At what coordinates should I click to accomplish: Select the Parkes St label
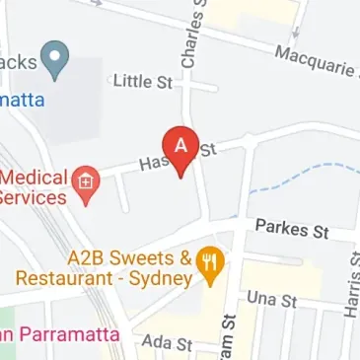tap(291, 229)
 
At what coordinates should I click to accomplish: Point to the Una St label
tap(271, 298)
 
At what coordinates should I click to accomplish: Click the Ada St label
tap(166, 343)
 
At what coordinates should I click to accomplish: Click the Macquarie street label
tap(315, 63)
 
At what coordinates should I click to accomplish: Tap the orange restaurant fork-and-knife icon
tap(211, 263)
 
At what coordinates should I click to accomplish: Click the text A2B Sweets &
tap(128, 258)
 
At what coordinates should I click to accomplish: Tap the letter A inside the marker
tap(180, 143)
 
